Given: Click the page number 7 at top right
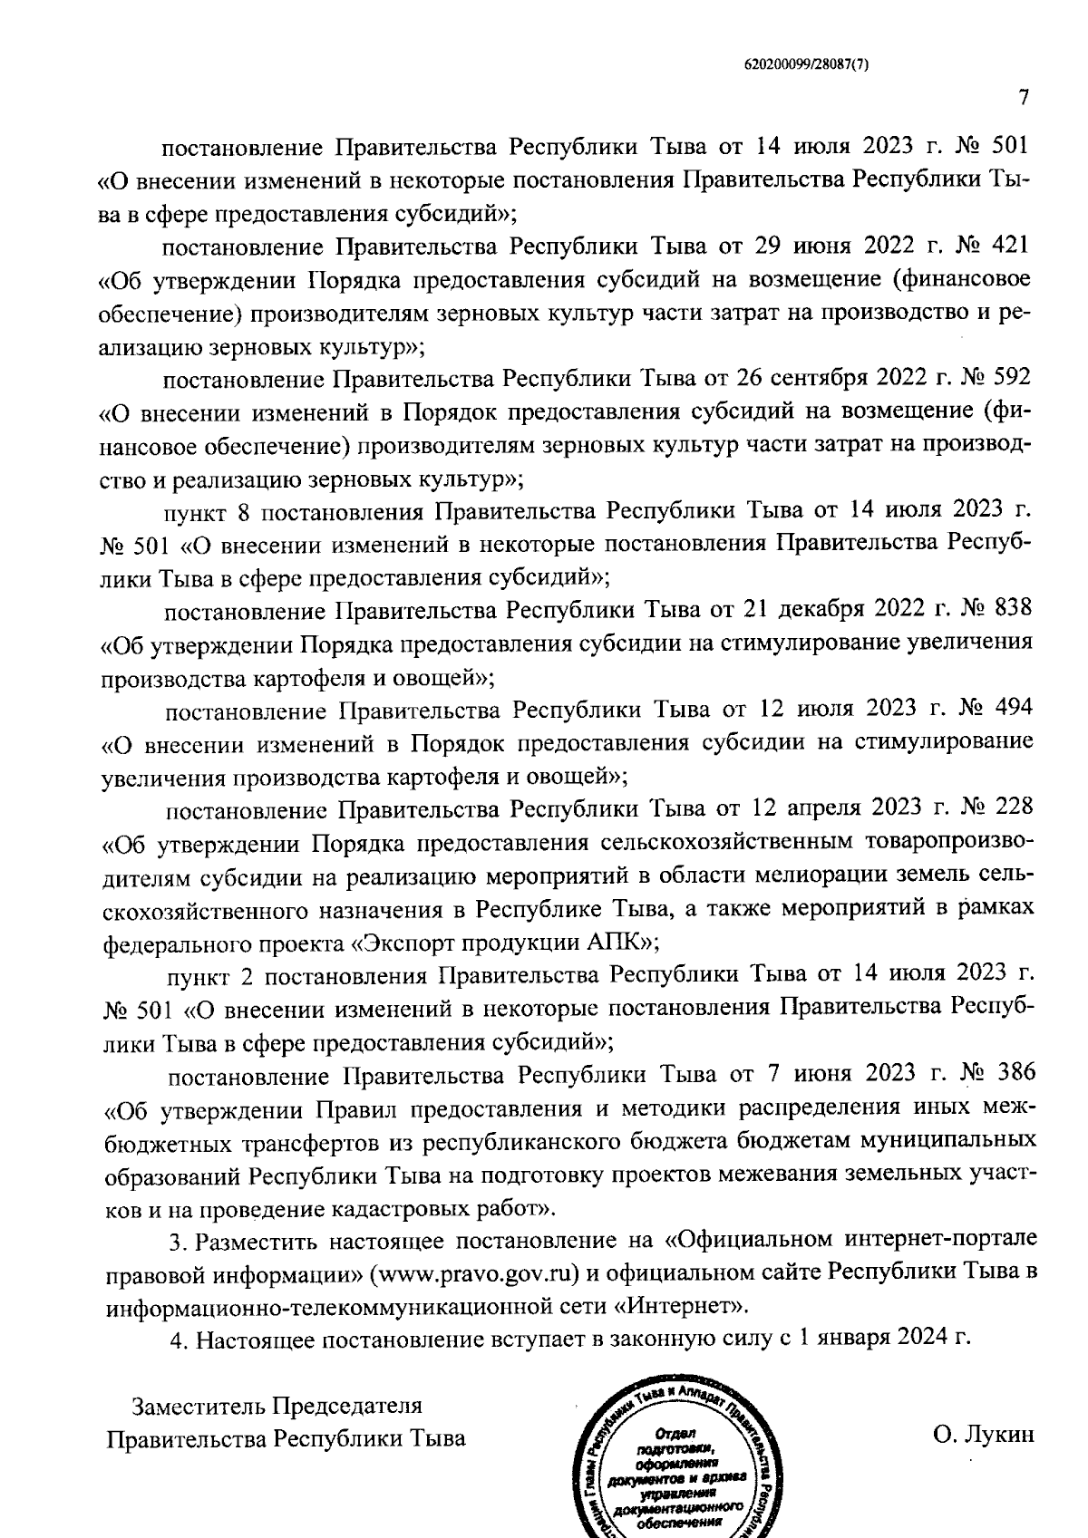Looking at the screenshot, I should click(x=1022, y=97).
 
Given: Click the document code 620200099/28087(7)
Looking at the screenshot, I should click(x=806, y=64).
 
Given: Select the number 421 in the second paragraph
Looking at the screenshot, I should click(x=1006, y=245).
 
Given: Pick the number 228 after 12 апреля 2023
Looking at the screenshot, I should click(x=1009, y=807).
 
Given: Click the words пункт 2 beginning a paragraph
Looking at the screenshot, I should click(x=209, y=974).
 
